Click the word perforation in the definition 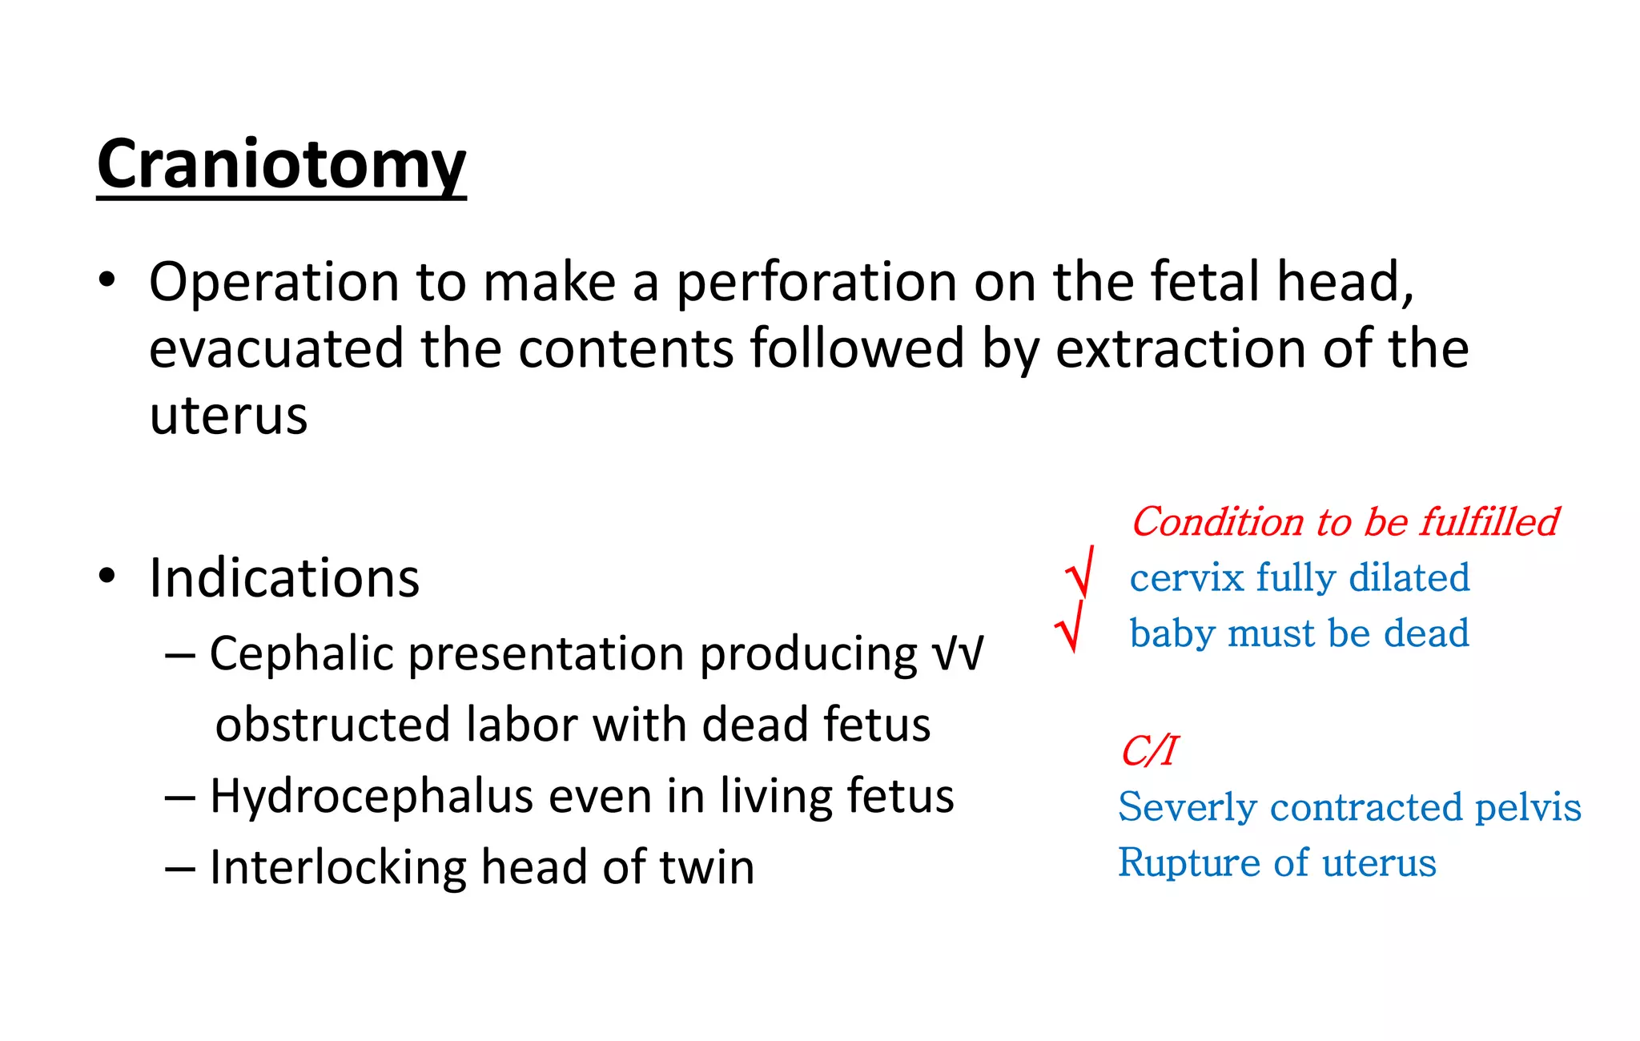(817, 283)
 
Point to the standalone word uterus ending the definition (228, 416)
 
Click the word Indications (284, 578)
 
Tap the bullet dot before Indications (107, 576)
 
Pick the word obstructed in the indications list (333, 725)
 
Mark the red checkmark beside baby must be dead (1070, 627)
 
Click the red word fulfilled (1489, 522)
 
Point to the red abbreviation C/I (1148, 751)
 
